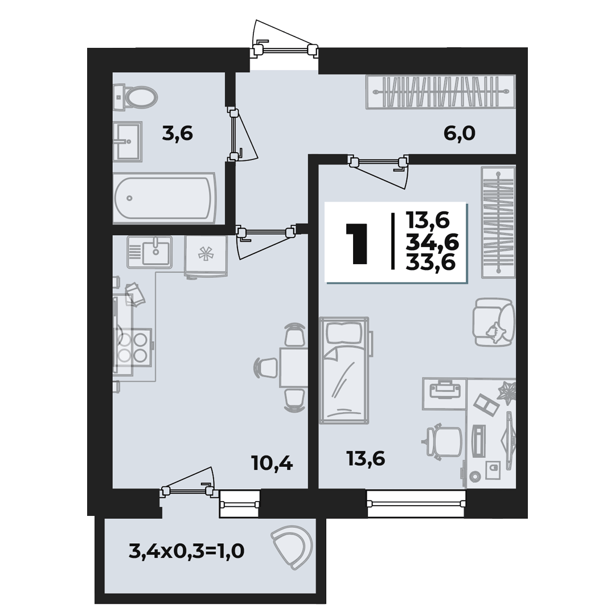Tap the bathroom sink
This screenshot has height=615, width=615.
pyautogui.click(x=128, y=141)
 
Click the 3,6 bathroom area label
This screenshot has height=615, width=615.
pyautogui.click(x=178, y=134)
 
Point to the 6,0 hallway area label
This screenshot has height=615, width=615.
pyautogui.click(x=460, y=134)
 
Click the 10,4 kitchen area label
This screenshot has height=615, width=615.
pyautogui.click(x=272, y=464)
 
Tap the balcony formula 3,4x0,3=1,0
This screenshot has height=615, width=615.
pyautogui.click(x=187, y=551)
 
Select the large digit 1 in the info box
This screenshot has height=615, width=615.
pyautogui.click(x=356, y=243)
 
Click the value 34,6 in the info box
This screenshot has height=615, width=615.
pyautogui.click(x=432, y=244)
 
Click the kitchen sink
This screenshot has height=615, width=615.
pyautogui.click(x=149, y=252)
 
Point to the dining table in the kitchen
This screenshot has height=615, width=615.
pyautogui.click(x=293, y=367)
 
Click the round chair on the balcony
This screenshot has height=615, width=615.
pyautogui.click(x=292, y=546)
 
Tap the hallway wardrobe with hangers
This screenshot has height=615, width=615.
pyautogui.click(x=440, y=92)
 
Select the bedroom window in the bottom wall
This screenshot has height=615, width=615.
pyautogui.click(x=416, y=503)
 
